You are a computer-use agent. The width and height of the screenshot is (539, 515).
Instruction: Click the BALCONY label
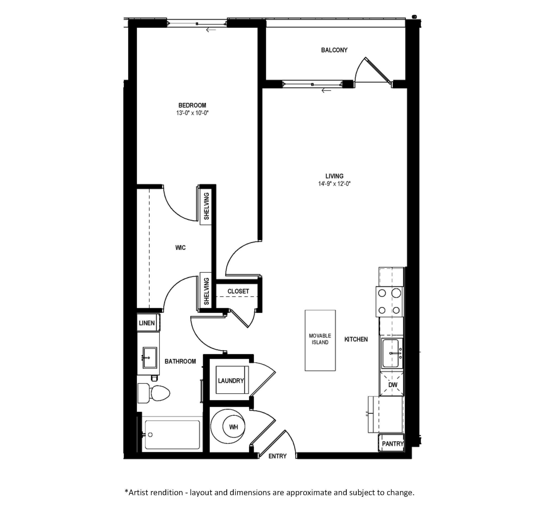(334, 50)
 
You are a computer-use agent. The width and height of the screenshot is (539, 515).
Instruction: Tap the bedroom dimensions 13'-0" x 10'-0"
(192, 113)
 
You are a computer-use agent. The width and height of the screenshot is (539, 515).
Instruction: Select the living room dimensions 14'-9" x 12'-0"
(334, 184)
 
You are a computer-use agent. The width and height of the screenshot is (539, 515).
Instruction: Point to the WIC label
(180, 248)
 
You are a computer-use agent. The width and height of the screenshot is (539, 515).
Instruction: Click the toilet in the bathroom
(154, 393)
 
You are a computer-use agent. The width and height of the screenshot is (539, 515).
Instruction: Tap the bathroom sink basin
(150, 358)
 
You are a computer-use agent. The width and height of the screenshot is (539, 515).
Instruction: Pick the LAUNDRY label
(231, 381)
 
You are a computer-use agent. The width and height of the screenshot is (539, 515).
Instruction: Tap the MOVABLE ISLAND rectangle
(320, 340)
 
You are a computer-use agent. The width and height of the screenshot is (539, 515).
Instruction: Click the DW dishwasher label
(393, 385)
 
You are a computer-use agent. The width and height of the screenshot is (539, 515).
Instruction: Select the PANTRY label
(393, 444)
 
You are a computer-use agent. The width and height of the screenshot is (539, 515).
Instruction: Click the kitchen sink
(391, 353)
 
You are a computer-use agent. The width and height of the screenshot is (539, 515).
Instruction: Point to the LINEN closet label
(147, 323)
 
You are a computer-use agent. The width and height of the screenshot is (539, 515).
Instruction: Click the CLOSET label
(238, 291)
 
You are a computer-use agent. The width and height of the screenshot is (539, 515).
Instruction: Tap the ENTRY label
(277, 456)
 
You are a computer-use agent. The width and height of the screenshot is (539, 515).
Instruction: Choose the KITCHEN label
(356, 339)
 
